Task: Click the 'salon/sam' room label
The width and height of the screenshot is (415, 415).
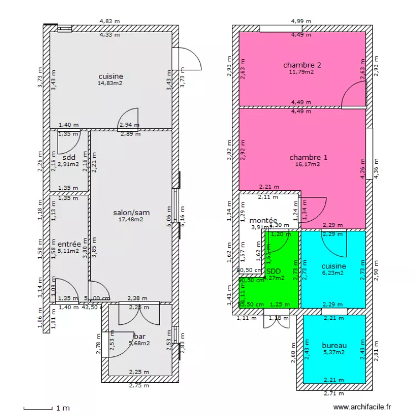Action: [x=131, y=212]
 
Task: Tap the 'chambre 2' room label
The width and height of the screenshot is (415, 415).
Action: [x=302, y=65]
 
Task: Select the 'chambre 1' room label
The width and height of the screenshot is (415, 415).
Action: [x=308, y=158]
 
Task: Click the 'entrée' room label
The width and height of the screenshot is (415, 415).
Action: [x=69, y=244]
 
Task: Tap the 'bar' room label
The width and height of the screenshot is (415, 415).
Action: [x=139, y=336]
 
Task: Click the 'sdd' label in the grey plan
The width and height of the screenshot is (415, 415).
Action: [x=69, y=158]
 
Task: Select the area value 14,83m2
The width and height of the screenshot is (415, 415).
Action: [x=110, y=83]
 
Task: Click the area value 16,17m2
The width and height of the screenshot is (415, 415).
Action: [x=308, y=164]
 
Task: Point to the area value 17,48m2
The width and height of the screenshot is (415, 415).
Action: [x=131, y=219]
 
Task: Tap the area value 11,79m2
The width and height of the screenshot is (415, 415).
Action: [x=302, y=71]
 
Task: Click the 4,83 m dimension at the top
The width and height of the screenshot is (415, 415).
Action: [x=110, y=21]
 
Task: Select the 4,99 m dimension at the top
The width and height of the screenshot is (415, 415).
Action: [x=301, y=21]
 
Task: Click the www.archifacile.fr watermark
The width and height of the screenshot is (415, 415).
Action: [x=365, y=407]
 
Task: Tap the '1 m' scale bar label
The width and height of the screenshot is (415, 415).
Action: [x=63, y=408]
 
